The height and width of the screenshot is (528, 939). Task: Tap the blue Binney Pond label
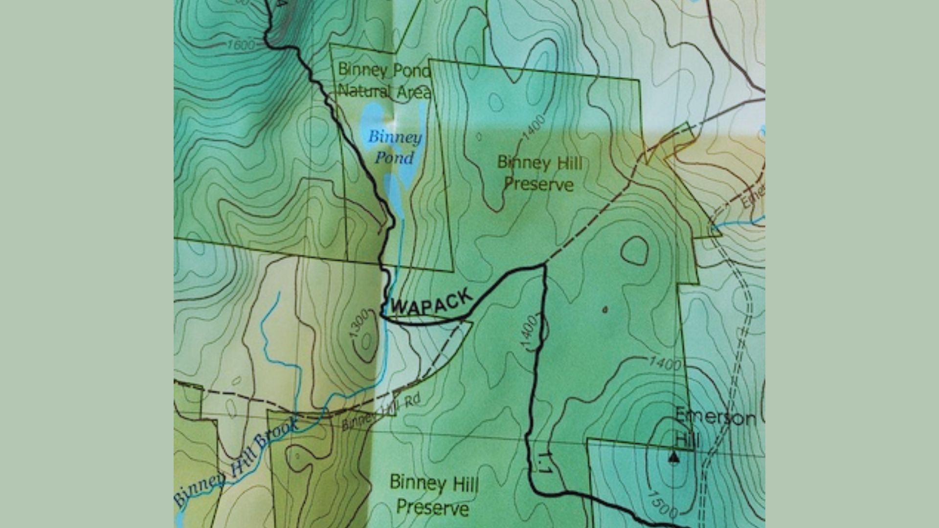pos(395,147)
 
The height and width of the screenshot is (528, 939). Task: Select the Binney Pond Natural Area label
pos(384,81)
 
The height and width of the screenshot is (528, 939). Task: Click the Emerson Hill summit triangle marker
pos(674,458)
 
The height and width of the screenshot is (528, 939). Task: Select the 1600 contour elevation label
pos(241,45)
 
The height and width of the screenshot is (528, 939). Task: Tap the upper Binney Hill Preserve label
pos(539,173)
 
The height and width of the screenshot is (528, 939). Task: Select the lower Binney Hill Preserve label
pos(433,495)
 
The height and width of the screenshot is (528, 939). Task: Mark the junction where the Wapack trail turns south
pos(543,265)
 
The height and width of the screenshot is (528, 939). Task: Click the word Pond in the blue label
pos(394,158)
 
